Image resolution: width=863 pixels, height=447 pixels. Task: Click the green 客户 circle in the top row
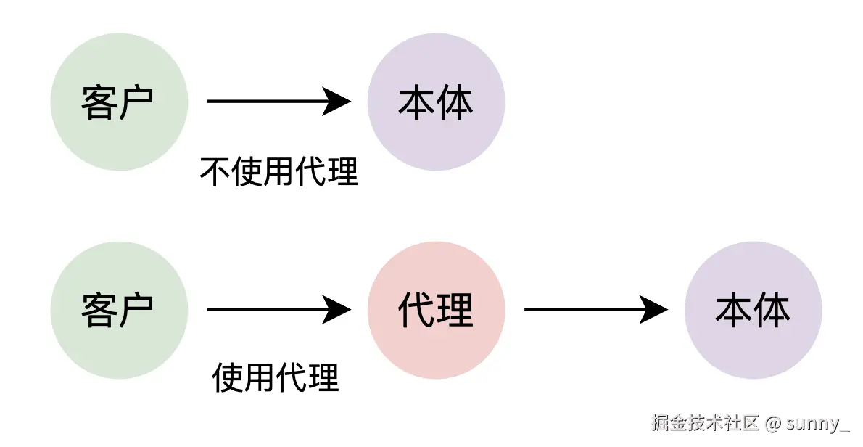coord(119,102)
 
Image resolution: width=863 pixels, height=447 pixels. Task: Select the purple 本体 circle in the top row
coord(436,102)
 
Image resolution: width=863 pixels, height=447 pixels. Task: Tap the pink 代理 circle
coord(436,311)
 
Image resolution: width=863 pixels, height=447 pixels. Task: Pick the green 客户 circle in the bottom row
coord(119,311)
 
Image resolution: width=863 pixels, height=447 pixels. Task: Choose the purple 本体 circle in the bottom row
coord(753,311)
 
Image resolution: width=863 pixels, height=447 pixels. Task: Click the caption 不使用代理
coord(278,172)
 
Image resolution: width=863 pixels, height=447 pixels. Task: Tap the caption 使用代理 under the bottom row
coord(276,378)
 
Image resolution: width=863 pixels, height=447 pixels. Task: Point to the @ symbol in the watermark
coord(774,424)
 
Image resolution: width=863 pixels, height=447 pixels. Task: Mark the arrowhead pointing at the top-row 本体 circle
coord(337,102)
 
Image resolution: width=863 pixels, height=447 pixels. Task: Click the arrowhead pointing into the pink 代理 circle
coord(337,311)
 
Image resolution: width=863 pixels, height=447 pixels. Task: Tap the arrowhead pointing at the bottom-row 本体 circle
coord(654,311)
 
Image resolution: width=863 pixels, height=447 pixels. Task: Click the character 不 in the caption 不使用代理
coord(215,172)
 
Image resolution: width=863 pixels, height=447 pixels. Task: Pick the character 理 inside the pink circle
coord(455,311)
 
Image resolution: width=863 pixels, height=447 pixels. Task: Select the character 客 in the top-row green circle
coord(99,102)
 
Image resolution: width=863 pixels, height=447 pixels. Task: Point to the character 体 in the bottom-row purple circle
coord(772,311)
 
